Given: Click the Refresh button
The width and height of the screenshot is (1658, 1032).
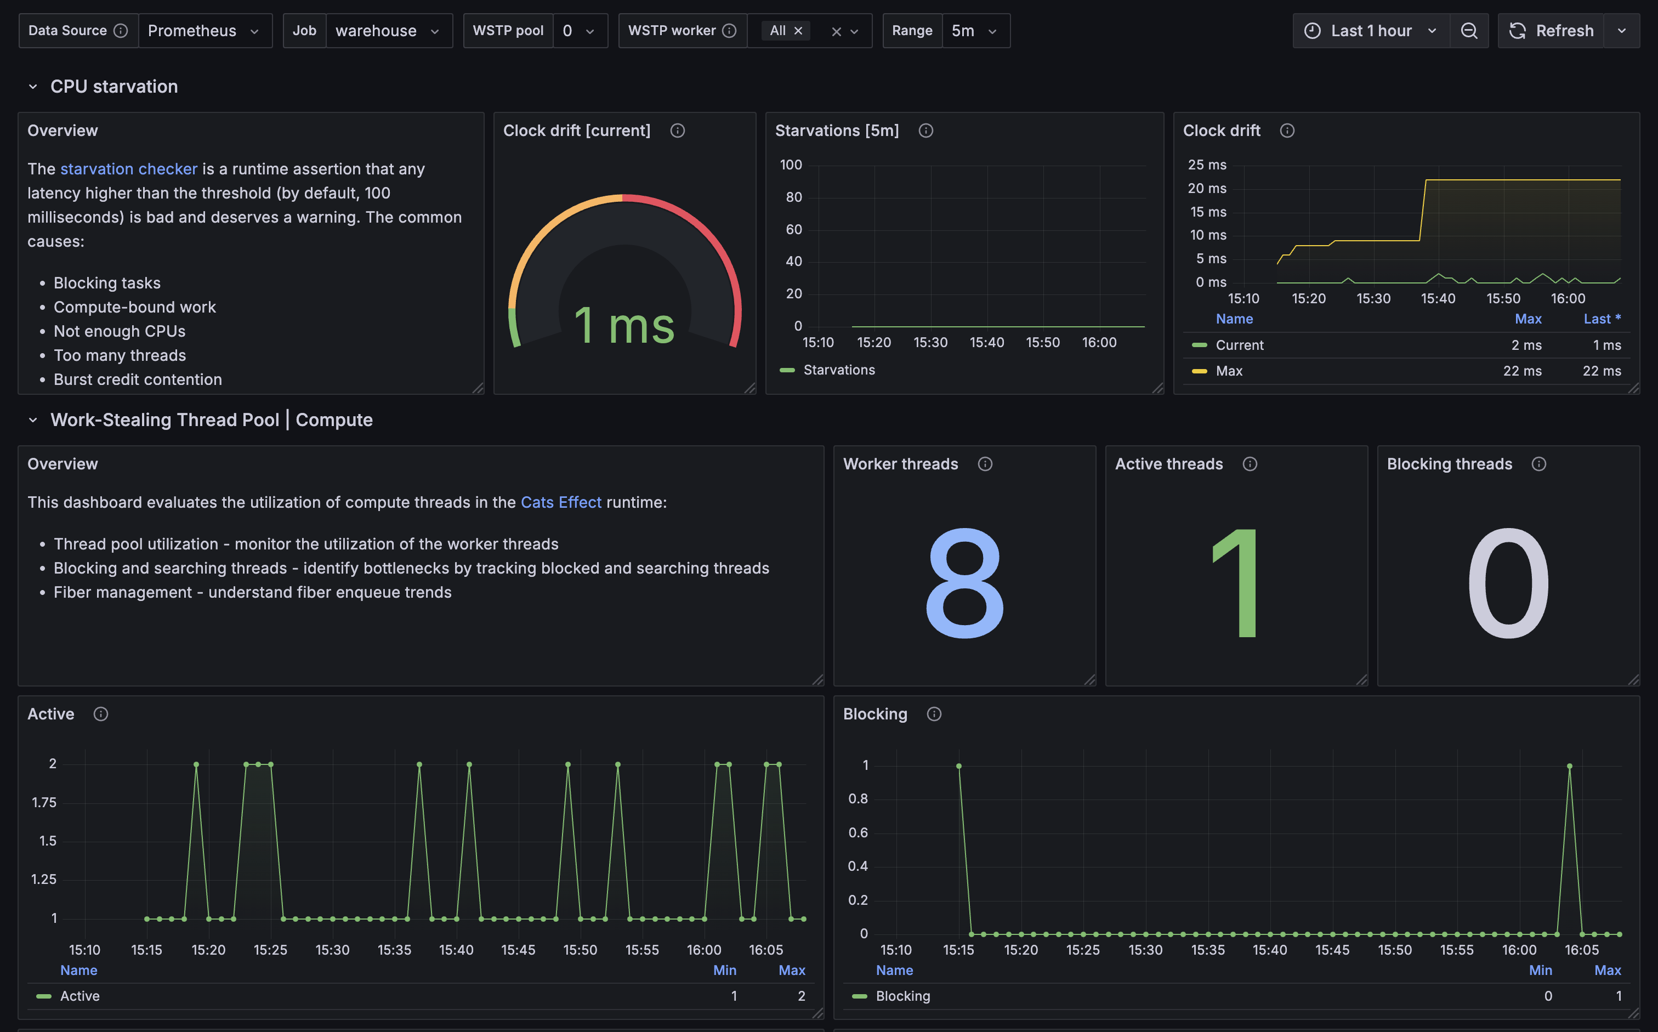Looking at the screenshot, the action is tap(1551, 31).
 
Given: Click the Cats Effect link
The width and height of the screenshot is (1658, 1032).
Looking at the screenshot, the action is tap(561, 502).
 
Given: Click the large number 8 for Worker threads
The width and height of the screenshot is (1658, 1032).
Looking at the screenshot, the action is tap(964, 583).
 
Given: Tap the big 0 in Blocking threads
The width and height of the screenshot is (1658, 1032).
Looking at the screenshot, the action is tap(1508, 583).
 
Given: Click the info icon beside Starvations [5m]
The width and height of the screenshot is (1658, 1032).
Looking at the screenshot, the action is tap(926, 131).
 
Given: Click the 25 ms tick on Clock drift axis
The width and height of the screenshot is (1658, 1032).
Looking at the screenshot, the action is tap(1207, 165).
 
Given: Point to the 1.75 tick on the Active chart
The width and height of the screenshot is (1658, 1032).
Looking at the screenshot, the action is tap(44, 802).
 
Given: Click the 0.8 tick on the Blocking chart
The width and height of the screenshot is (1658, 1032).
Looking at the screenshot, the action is tap(858, 798).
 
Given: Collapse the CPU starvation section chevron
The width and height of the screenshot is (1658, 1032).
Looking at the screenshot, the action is tap(33, 87).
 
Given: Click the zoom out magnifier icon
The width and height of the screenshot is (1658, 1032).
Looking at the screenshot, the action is tap(1469, 31).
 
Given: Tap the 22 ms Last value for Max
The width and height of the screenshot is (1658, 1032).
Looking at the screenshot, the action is tap(1602, 371).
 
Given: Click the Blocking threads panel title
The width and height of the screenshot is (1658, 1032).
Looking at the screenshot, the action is tap(1449, 464).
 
